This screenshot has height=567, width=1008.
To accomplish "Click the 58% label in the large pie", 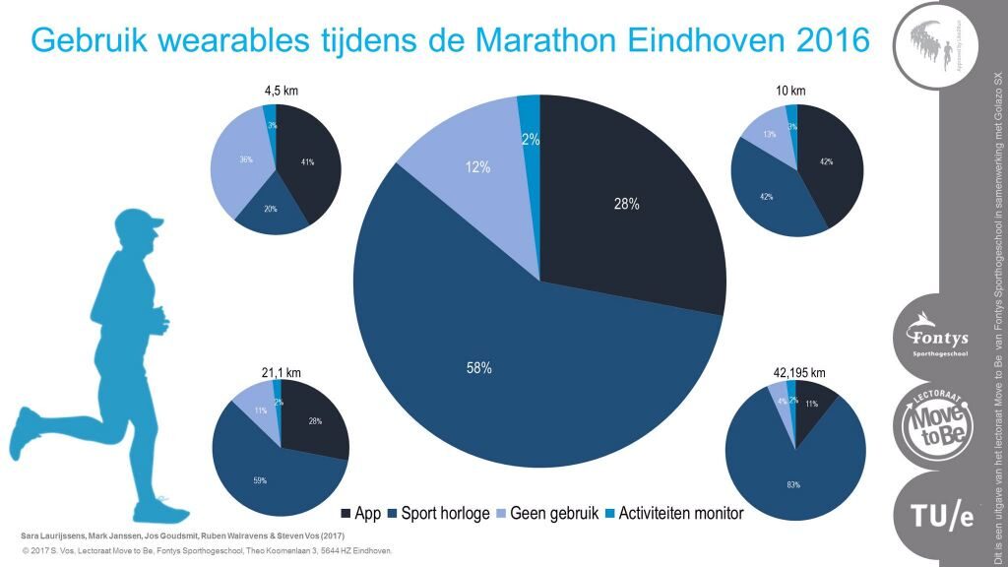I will point(479,368).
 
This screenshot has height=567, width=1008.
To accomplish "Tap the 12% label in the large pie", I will point(478,167).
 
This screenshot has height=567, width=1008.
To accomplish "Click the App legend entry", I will point(361,514).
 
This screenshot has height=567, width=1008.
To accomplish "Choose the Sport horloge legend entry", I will point(439,514).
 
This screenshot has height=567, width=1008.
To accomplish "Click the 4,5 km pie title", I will point(281,91).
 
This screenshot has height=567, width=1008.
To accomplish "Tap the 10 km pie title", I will point(790,91).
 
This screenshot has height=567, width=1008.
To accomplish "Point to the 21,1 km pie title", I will point(281,372).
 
